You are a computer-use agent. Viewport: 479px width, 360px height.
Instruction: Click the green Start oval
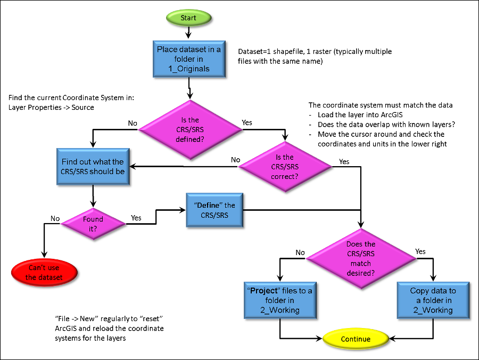pyautogui.click(x=188, y=18)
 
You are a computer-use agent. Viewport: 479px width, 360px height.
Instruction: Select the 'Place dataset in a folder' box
pyautogui.click(x=189, y=59)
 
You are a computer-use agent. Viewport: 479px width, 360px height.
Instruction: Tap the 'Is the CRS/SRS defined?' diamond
pyautogui.click(x=190, y=129)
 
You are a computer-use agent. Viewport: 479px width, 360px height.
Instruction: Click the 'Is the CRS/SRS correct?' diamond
pyautogui.click(x=285, y=167)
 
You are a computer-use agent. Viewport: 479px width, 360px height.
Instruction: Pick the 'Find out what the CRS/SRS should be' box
pyautogui.click(x=93, y=166)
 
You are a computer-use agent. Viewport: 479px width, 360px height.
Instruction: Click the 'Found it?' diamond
pyautogui.click(x=93, y=224)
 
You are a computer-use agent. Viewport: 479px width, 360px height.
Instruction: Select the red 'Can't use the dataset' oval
pyautogui.click(x=44, y=273)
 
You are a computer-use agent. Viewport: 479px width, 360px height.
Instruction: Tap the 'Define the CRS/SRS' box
pyautogui.click(x=214, y=210)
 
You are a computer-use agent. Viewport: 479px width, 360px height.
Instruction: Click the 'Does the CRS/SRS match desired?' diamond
pyautogui.click(x=361, y=258)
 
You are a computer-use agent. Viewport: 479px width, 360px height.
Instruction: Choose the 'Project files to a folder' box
pyautogui.click(x=280, y=300)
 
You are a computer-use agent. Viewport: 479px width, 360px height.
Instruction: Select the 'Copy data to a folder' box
pyautogui.click(x=433, y=300)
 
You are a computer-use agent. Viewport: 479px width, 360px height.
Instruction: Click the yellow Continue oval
pyautogui.click(x=356, y=339)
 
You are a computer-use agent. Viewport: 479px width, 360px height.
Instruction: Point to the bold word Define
pyautogui.click(x=209, y=205)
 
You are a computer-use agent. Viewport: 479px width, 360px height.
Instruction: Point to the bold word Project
pyautogui.click(x=264, y=291)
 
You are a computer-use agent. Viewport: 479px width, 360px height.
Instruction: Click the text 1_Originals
pyautogui.click(x=189, y=69)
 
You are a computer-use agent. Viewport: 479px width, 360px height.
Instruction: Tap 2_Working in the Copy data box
pyautogui.click(x=433, y=310)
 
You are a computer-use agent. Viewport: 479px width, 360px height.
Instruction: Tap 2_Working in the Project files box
pyautogui.click(x=280, y=310)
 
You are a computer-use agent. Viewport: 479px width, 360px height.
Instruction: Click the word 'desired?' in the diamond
pyautogui.click(x=361, y=273)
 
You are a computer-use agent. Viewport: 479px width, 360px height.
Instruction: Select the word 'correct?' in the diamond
pyautogui.click(x=285, y=176)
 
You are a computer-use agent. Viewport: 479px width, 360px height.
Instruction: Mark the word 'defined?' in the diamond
pyautogui.click(x=190, y=140)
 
